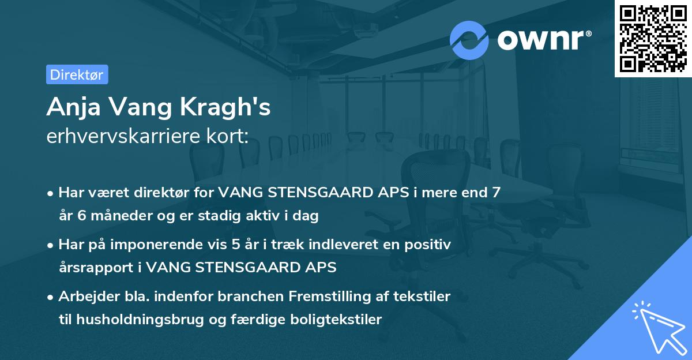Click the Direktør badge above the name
tap(77, 74)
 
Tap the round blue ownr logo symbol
tap(469, 40)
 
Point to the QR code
tap(653, 38)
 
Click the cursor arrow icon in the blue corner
tap(657, 326)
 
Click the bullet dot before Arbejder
tap(51, 297)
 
